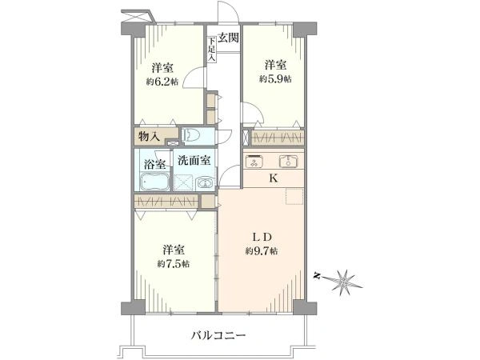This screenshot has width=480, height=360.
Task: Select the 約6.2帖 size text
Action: (x=163, y=81)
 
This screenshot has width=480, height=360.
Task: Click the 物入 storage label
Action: (x=150, y=137)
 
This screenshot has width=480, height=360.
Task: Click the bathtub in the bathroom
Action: (x=154, y=181)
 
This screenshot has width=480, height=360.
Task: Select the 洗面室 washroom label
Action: (x=194, y=159)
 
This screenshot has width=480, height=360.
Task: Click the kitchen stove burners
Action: (x=256, y=162)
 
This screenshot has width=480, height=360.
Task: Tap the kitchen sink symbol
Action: (x=289, y=162)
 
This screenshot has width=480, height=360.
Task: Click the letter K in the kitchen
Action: (x=273, y=178)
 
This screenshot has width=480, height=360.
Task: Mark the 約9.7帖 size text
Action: (x=262, y=251)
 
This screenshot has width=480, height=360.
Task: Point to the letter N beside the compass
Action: (x=318, y=276)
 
